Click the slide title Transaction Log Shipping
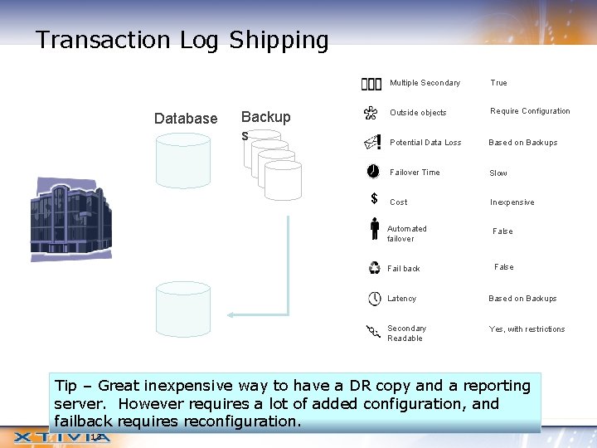(182, 40)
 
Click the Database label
(186, 119)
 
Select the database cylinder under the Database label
(183, 161)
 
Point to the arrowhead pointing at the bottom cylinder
(233, 314)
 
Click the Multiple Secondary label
(425, 83)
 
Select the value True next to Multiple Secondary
(498, 83)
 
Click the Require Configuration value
(530, 111)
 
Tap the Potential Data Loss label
(425, 143)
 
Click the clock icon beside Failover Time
(374, 172)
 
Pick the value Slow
(498, 173)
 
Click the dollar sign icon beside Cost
(375, 199)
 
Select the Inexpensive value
(512, 202)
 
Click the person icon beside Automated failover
(375, 229)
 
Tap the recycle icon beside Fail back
(375, 268)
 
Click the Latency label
(402, 299)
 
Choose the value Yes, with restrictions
(527, 329)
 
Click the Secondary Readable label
(406, 334)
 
